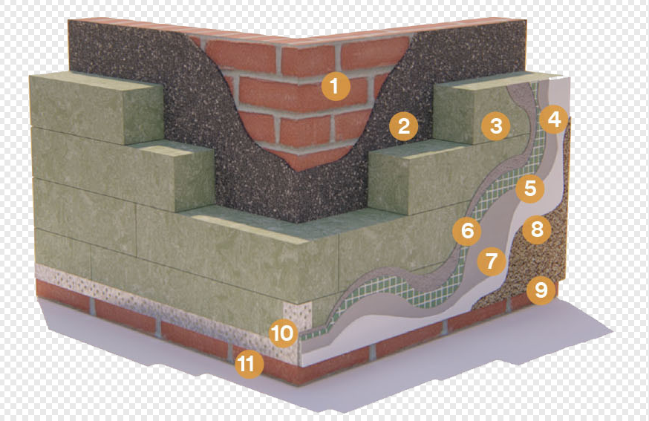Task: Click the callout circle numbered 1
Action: (x=335, y=86)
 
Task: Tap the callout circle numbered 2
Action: (x=403, y=126)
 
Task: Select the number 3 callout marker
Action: (x=496, y=125)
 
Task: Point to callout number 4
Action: (x=554, y=120)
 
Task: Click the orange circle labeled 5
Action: (x=529, y=189)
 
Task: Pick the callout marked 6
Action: (x=467, y=231)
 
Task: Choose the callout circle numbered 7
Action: (x=492, y=261)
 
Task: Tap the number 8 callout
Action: (x=537, y=229)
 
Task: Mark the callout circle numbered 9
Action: (x=541, y=290)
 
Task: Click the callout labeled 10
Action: (x=283, y=333)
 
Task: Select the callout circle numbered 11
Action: (x=250, y=365)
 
